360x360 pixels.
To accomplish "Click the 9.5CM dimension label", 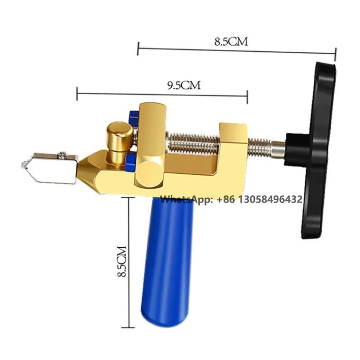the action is click(x=184, y=85).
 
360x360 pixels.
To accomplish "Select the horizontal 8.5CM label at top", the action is click(x=231, y=42).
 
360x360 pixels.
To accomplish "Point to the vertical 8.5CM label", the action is click(x=122, y=261).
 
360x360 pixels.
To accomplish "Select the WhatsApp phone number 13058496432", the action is click(x=270, y=199).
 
